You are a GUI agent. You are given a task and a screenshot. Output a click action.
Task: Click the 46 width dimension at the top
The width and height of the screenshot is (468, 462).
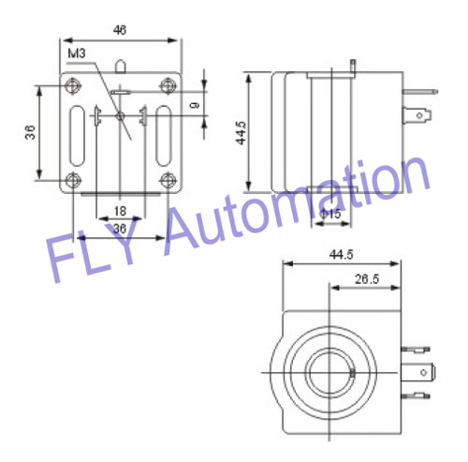119,30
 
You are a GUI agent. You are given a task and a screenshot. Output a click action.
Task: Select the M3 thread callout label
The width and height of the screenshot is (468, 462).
80,54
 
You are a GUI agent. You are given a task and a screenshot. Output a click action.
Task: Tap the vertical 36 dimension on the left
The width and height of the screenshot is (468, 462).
28,133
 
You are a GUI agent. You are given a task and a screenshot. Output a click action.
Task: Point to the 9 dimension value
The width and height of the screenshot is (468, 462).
194,106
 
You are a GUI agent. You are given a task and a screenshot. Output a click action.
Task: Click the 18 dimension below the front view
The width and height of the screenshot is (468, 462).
120,210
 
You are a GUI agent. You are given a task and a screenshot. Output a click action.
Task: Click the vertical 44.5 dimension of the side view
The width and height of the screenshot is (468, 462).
241,134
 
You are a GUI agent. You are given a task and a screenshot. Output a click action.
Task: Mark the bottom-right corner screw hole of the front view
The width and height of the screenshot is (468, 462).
168,179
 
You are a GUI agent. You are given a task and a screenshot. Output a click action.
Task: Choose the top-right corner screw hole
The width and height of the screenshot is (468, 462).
168,87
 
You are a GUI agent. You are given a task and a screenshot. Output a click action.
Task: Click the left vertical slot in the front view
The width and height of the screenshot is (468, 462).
74,133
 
